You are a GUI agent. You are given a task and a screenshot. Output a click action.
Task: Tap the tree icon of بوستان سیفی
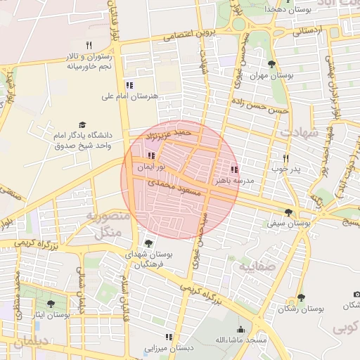288,212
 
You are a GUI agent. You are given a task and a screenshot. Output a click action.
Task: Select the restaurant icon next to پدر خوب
285,159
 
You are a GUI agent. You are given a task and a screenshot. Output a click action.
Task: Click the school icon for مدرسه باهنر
234,169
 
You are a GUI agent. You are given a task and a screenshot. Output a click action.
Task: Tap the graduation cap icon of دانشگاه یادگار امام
82,125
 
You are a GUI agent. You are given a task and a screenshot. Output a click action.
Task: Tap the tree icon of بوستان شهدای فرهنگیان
148,244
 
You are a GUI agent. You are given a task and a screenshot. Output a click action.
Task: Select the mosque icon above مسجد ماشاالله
241,330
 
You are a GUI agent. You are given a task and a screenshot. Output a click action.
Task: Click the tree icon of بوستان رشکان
301,297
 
